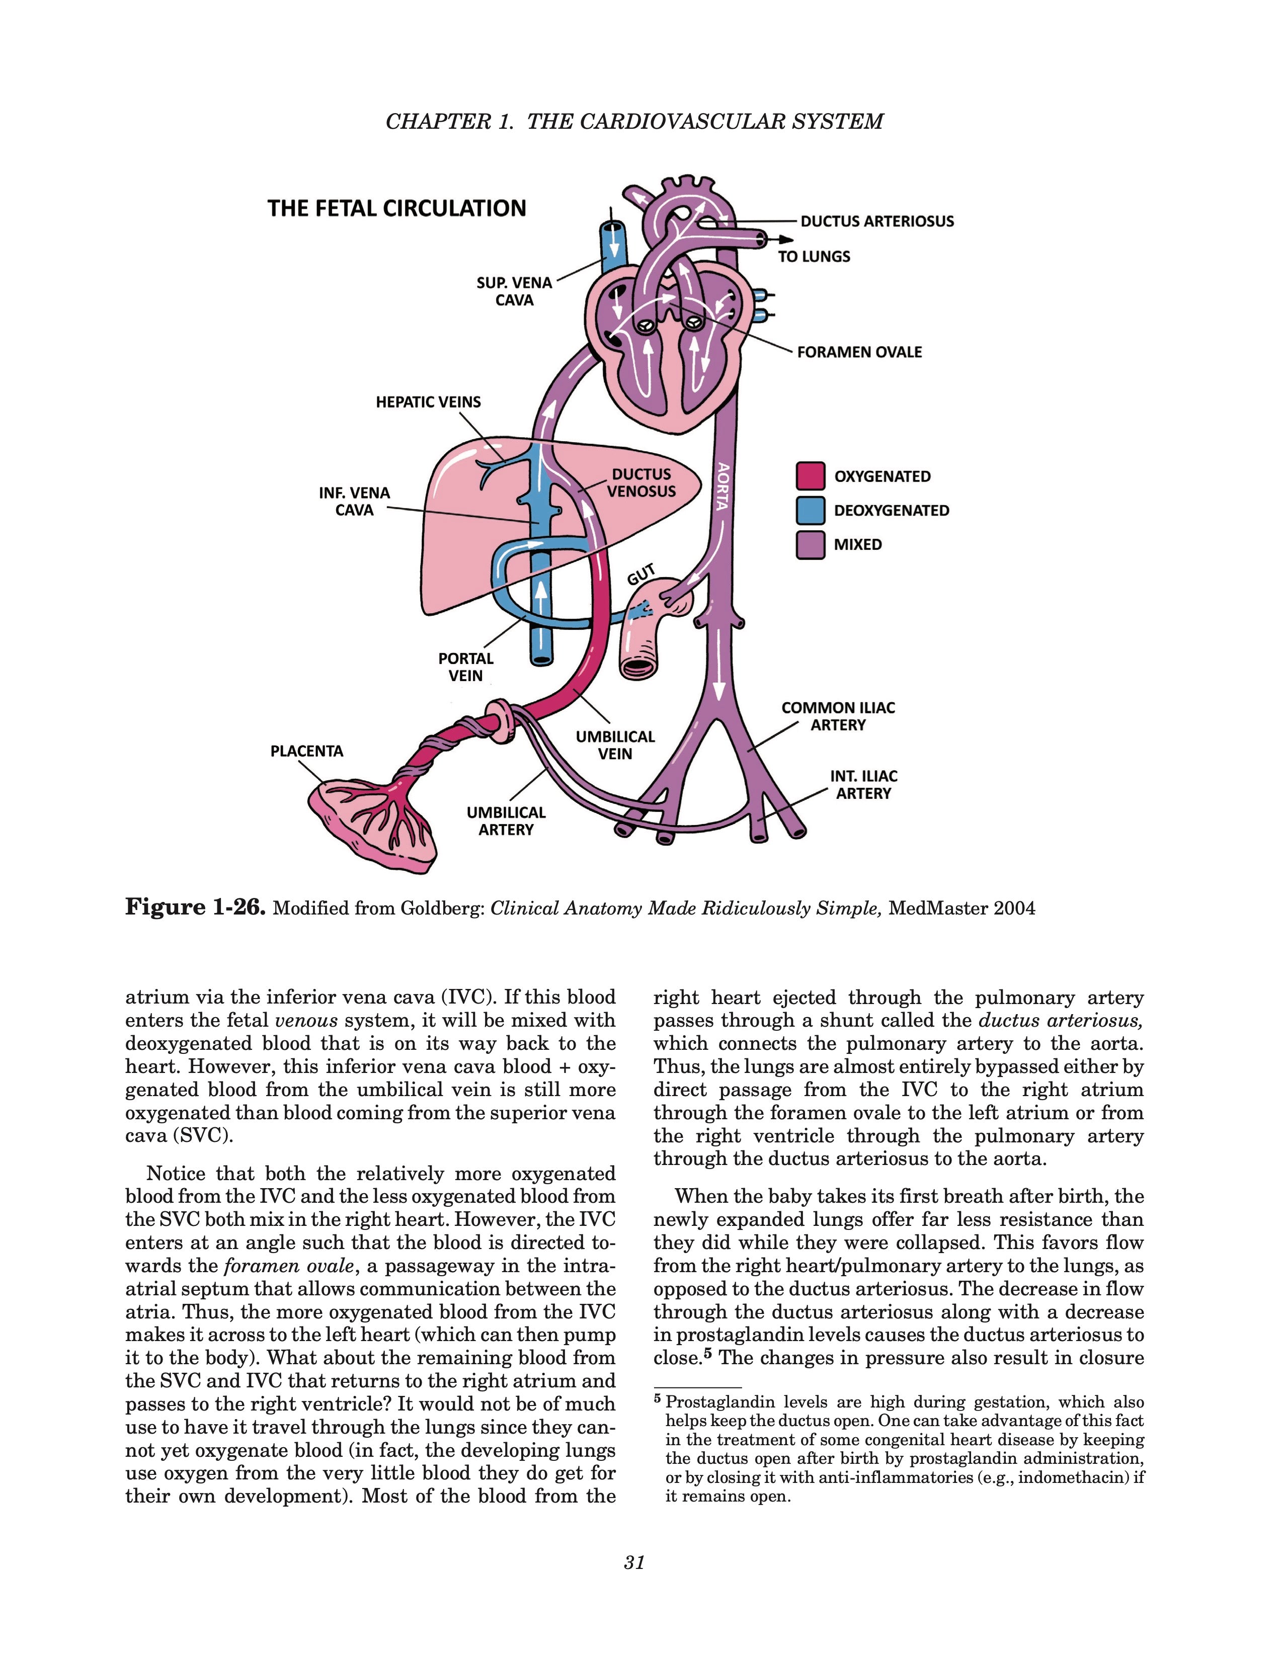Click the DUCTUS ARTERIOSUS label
(x=876, y=221)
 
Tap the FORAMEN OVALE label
(x=859, y=352)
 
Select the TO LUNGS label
(x=813, y=257)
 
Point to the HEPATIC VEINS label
(x=428, y=402)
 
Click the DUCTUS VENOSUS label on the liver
(x=640, y=482)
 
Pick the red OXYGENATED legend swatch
(x=810, y=476)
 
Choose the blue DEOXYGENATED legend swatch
(x=810, y=510)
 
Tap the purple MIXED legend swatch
(x=810, y=544)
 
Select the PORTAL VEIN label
(x=465, y=667)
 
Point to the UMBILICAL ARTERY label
(x=506, y=821)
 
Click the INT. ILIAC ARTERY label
(x=863, y=784)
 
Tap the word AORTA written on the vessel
(x=723, y=486)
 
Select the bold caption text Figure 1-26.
(x=195, y=907)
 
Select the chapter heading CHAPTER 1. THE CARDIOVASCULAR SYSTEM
(x=634, y=122)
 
